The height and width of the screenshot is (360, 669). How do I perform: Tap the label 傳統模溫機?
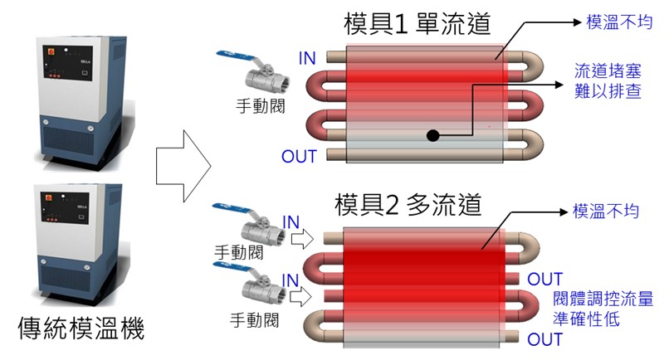point(81,330)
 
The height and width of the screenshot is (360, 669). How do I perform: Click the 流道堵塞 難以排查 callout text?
point(608,80)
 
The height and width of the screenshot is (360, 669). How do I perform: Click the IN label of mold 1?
point(307,57)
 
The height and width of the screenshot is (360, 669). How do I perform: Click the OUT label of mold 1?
point(300,155)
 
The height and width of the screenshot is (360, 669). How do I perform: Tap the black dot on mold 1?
point(432,134)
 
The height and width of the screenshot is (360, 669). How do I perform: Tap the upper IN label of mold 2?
point(291,221)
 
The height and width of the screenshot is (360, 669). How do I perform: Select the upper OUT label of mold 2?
point(545,280)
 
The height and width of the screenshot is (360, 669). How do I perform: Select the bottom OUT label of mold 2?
point(545,339)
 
